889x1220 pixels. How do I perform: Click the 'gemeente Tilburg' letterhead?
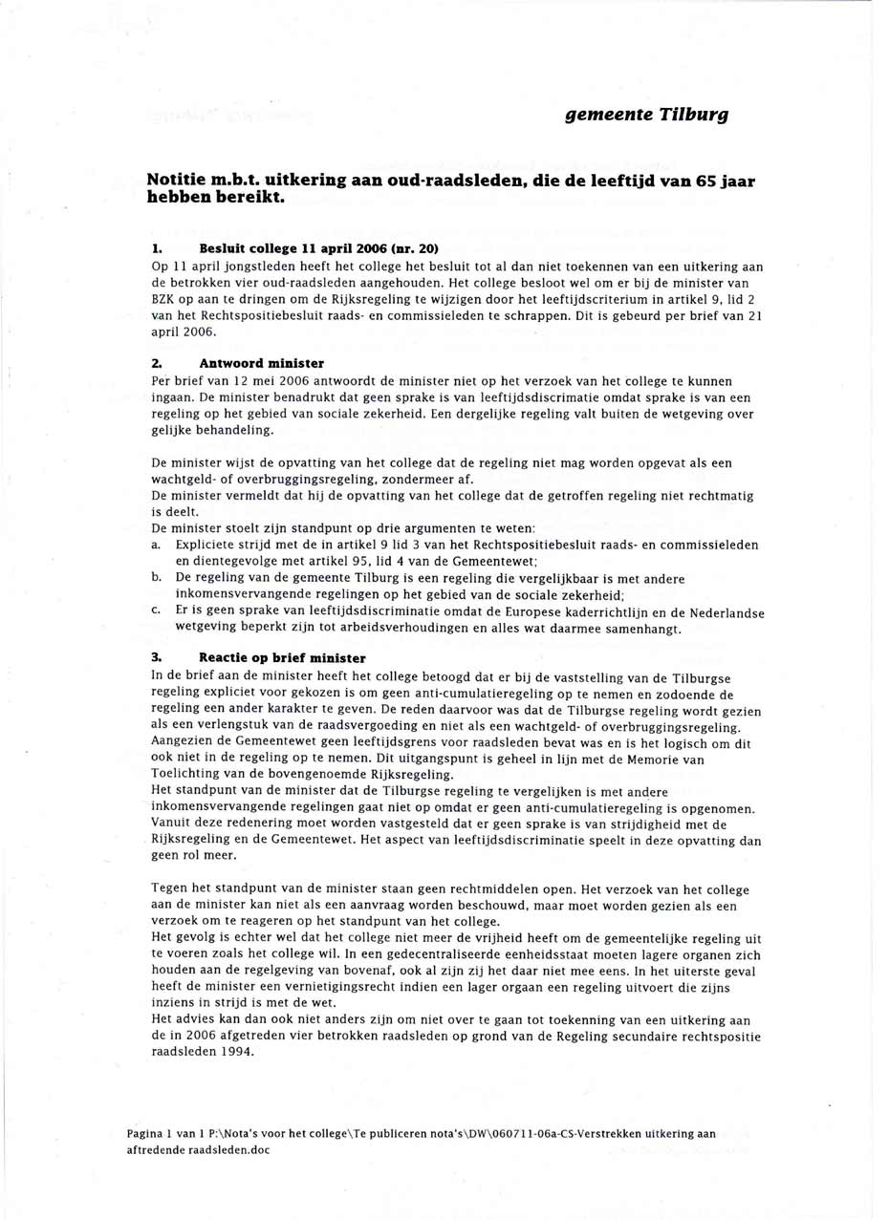(646, 115)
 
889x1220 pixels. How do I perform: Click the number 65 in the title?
(706, 182)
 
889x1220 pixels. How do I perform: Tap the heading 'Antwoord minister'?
(261, 363)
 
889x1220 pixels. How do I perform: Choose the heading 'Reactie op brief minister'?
(281, 657)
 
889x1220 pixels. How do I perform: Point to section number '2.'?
(157, 363)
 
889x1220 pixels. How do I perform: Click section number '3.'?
(157, 657)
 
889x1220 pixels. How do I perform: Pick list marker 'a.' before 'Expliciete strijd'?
(157, 545)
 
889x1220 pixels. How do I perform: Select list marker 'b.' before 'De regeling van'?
(157, 578)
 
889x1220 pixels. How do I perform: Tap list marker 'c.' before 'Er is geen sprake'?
(157, 611)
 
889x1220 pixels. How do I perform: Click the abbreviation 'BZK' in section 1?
(165, 300)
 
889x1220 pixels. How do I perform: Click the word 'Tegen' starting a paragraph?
(170, 889)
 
